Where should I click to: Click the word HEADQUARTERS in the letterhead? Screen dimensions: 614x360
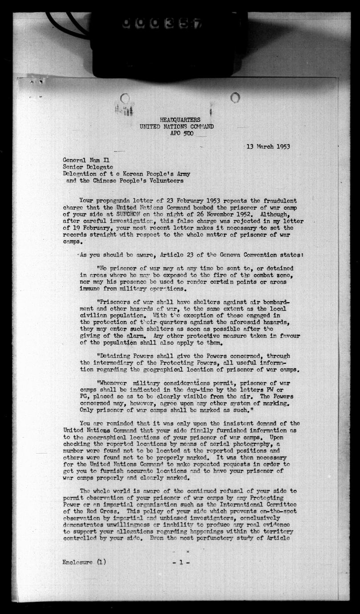pyautogui.click(x=180, y=119)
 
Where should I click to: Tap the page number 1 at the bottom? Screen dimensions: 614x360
pyautogui.click(x=181, y=562)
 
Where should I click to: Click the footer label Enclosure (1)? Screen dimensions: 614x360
pyautogui.click(x=85, y=562)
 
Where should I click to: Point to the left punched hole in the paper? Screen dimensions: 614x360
pyautogui.click(x=125, y=98)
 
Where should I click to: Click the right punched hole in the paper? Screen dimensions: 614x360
pyautogui.click(x=235, y=97)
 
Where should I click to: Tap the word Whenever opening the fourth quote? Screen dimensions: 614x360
pyautogui.click(x=113, y=382)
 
